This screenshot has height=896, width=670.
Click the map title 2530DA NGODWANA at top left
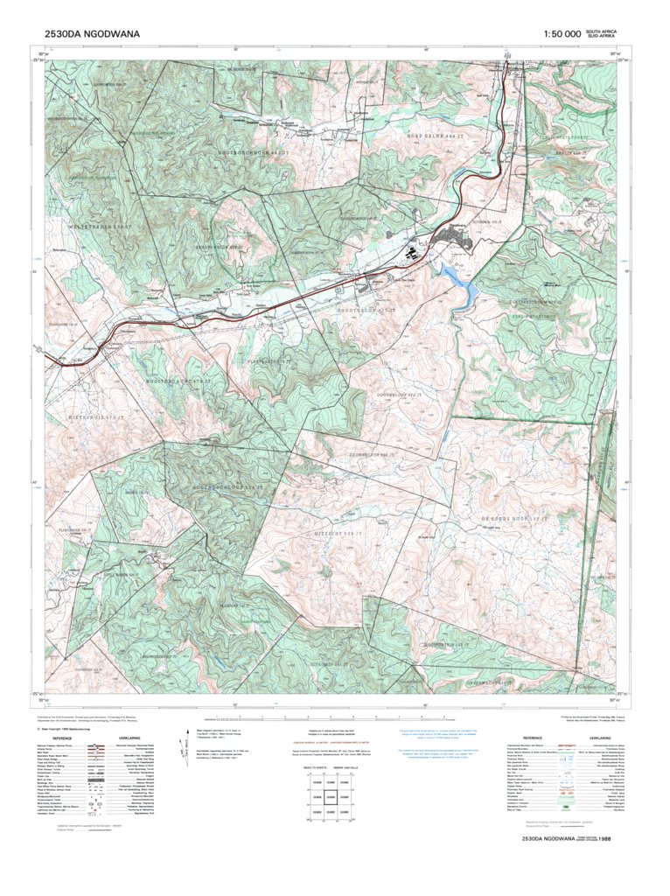92,34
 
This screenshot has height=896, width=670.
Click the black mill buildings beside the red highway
410,255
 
